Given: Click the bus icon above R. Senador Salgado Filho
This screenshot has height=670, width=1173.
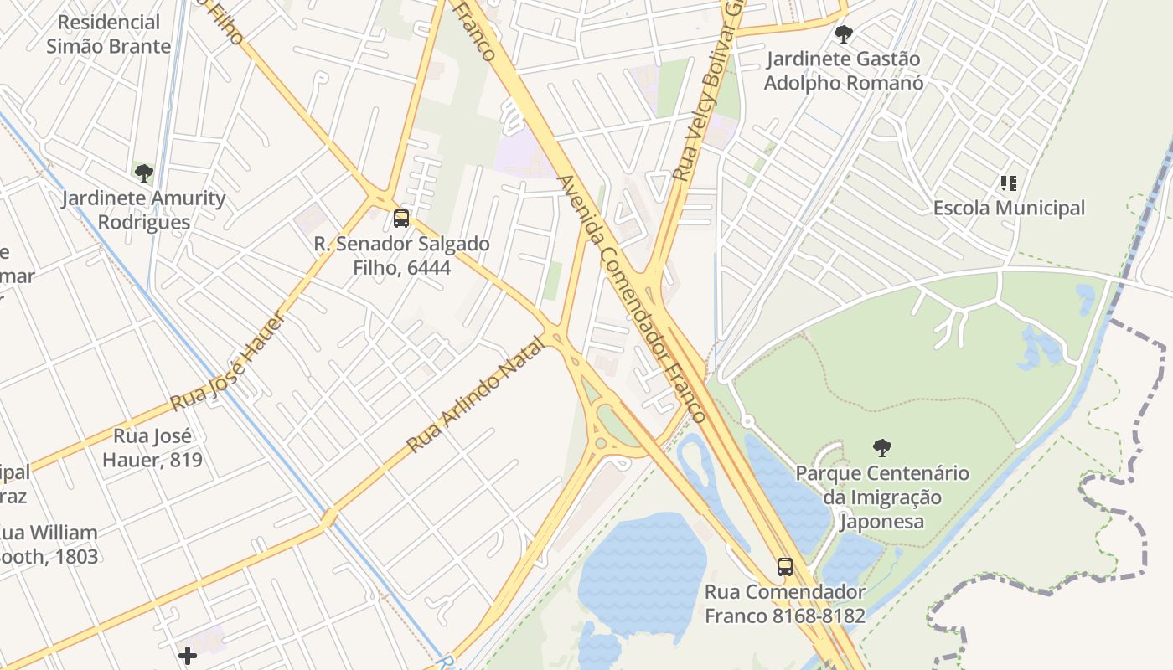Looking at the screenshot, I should pos(401,219).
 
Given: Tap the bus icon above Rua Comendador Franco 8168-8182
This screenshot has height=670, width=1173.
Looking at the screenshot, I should pos(785,566).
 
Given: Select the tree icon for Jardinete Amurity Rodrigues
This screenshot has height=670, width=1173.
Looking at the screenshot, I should pos(144,173).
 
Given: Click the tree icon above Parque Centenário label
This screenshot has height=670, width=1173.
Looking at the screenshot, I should pos(881,447).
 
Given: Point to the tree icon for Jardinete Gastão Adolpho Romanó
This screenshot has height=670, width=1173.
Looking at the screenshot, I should pos(844,34).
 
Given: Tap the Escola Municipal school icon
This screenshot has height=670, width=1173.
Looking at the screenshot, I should pos(1009,183).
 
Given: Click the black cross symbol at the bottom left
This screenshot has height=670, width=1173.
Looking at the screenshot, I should pos(188,655).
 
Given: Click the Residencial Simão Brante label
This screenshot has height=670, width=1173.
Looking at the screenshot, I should pos(109,34).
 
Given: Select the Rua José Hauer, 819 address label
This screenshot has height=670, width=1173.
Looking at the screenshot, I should pos(152,447).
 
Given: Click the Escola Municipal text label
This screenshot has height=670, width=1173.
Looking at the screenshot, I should pos(1009,208).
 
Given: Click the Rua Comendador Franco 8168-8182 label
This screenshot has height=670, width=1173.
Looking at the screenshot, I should pos(784,604).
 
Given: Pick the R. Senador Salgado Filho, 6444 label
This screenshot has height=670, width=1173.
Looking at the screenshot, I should pos(401,255).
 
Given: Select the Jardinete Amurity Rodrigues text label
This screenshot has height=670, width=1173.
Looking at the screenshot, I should pos(144,210).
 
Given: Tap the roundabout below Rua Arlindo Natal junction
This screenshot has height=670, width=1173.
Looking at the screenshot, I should pos(601,441).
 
